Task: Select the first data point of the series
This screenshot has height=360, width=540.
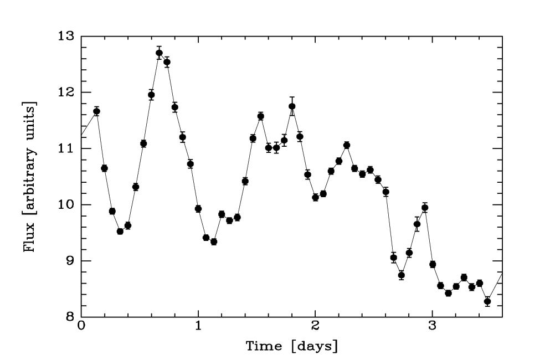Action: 96,111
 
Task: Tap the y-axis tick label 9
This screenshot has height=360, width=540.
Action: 71,261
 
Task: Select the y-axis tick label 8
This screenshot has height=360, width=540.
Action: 71,317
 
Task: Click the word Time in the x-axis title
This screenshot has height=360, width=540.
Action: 264,347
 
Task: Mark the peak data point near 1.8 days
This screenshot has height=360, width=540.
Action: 292,106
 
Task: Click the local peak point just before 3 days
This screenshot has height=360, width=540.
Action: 425,208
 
